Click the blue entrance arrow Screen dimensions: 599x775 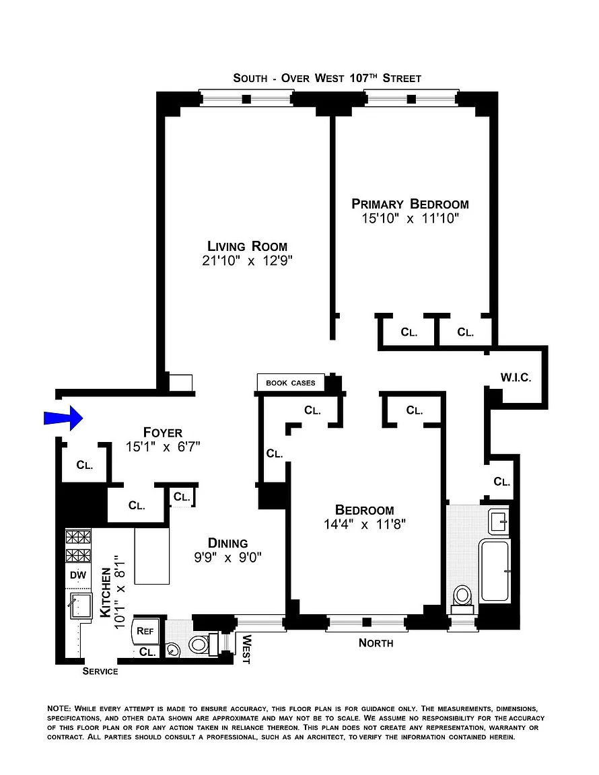pyautogui.click(x=63, y=418)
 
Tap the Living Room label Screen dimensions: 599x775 pyautogui.click(x=247, y=246)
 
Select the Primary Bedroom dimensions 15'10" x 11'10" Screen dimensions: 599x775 pyautogui.click(x=411, y=219)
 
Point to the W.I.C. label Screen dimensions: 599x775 pyautogui.click(x=516, y=377)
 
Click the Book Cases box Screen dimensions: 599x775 pyautogui.click(x=291, y=383)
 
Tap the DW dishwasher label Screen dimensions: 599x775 pyautogui.click(x=77, y=575)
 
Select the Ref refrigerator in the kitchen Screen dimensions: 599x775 pyautogui.click(x=145, y=631)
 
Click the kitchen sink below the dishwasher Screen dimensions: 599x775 pyautogui.click(x=80, y=606)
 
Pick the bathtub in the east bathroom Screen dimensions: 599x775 pyautogui.click(x=495, y=571)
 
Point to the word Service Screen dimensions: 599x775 pyautogui.click(x=100, y=671)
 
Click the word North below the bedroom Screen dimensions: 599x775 pyautogui.click(x=376, y=643)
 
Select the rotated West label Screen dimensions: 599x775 pyautogui.click(x=246, y=649)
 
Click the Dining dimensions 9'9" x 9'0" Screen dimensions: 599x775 pyautogui.click(x=227, y=558)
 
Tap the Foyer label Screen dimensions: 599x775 pyautogui.click(x=163, y=433)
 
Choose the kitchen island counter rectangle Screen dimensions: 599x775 pyautogui.click(x=152, y=556)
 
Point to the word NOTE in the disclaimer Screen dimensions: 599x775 pyautogui.click(x=59, y=709)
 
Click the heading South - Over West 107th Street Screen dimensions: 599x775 pyautogui.click(x=327, y=78)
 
